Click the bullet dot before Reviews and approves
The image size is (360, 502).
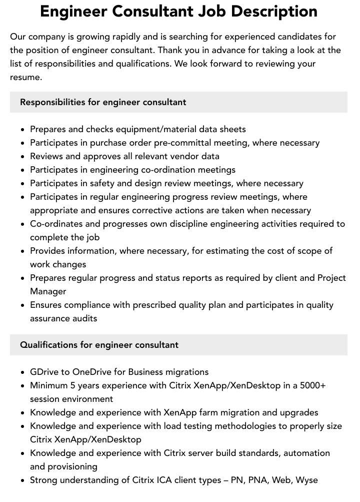tap(23, 157)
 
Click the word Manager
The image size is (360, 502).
tap(48, 291)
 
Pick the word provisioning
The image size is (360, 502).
tap(72, 466)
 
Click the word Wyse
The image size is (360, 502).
tap(306, 480)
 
